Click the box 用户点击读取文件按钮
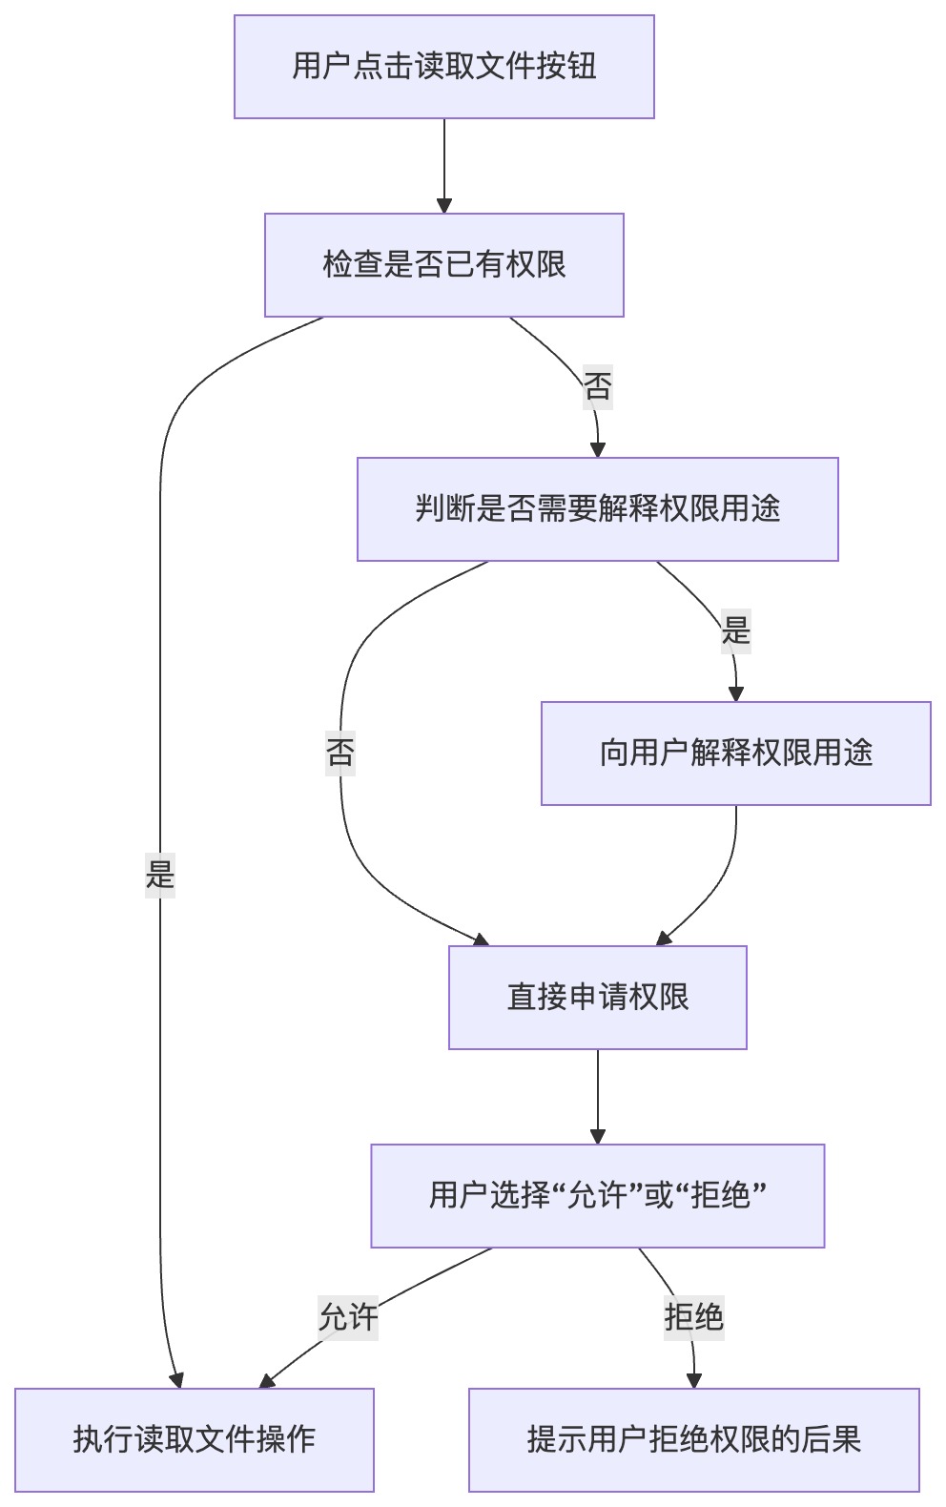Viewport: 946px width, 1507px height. coord(443,67)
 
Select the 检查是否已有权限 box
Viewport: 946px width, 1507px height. coord(443,264)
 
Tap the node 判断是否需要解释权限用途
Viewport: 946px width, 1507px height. coord(597,508)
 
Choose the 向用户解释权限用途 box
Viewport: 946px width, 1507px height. coord(735,753)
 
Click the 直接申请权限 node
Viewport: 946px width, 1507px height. coord(597,997)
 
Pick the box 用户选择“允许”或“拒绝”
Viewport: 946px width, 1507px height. coord(597,1195)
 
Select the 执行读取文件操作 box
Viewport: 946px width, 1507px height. coord(194,1439)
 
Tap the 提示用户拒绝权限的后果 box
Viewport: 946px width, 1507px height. coord(693,1439)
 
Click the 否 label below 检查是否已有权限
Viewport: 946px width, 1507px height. coord(597,386)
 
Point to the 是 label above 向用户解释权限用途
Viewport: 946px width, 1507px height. coord(735,630)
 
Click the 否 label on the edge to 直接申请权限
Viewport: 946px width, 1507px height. coord(340,753)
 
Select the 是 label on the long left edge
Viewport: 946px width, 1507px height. coord(160,874)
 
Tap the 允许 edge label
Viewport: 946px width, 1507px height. coord(347,1317)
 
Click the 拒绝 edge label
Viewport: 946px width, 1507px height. coord(693,1317)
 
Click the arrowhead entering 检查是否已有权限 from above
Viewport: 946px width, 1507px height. coord(443,205)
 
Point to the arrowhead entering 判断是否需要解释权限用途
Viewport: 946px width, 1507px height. coord(598,449)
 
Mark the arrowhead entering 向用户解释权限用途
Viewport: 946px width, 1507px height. coord(735,693)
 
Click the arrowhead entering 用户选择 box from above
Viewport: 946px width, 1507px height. coord(597,1136)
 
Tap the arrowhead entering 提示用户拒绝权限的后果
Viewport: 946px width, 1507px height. coord(693,1380)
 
